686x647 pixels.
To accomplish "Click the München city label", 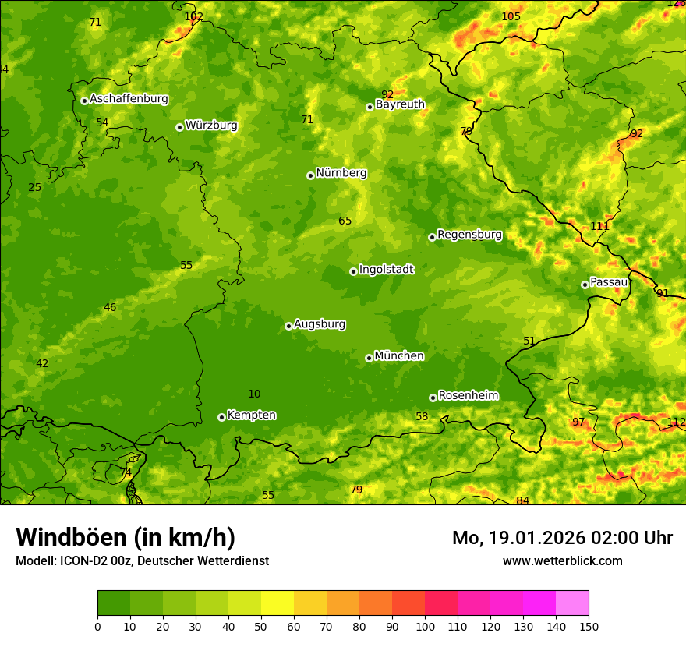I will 399,356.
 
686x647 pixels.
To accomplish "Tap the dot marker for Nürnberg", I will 310,175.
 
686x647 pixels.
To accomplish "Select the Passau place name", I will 609,282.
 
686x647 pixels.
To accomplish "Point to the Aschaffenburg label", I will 129,99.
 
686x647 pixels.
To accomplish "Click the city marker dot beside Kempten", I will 221,417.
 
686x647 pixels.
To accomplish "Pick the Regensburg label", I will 469,235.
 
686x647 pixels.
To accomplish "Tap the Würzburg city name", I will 211,126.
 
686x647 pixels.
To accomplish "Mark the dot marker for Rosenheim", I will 433,398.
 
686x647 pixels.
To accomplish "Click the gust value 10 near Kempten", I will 254,394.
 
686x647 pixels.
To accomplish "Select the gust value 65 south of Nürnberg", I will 345,221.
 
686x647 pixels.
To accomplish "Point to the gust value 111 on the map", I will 599,226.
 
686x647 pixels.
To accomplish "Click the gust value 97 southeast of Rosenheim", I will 578,422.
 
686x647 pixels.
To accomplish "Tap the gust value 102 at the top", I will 193,16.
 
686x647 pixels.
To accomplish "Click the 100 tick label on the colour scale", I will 425,626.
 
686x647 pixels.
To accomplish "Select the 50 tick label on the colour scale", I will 261,626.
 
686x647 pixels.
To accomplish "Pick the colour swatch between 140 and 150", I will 572,603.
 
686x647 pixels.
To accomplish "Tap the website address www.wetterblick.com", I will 562,560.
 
